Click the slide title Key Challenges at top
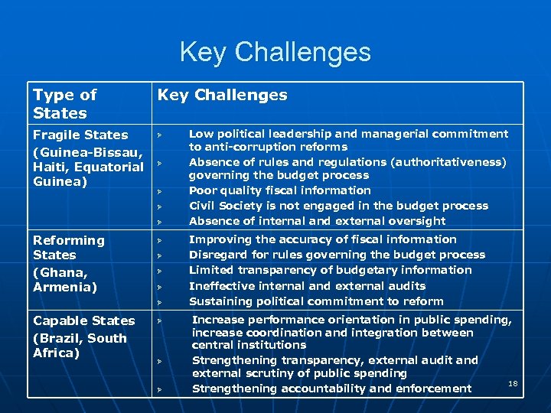tap(275, 52)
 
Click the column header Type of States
tap(64, 104)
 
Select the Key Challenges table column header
tap(222, 95)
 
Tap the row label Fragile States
tap(80, 135)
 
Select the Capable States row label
tap(83, 320)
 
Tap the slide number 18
tap(513, 383)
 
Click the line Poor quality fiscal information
tap(279, 190)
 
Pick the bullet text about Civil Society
tap(338, 206)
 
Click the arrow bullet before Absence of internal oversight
tap(161, 222)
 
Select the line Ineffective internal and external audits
tap(307, 285)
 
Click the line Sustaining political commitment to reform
tap(316, 301)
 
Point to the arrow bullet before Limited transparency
tap(161, 271)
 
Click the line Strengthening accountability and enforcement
tap(331, 389)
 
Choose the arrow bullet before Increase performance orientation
tap(161, 320)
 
